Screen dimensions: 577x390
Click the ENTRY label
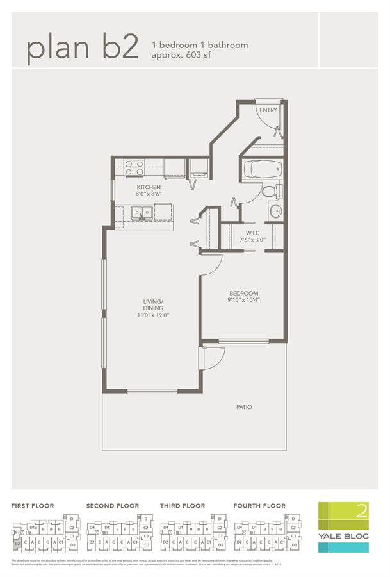click(268, 110)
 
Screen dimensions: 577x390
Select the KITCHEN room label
click(148, 187)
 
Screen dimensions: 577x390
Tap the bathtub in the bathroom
click(263, 171)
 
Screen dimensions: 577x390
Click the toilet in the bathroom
click(270, 191)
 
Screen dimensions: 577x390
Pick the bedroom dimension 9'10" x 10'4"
click(243, 300)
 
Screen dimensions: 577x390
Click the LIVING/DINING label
click(153, 305)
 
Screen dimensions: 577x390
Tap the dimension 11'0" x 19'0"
click(153, 315)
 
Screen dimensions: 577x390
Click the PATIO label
click(243, 406)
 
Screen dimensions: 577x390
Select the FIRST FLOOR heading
click(33, 506)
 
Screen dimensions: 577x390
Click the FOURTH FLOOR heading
click(259, 506)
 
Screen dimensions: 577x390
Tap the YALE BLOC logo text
click(343, 535)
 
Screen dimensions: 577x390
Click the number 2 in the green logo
click(362, 512)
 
